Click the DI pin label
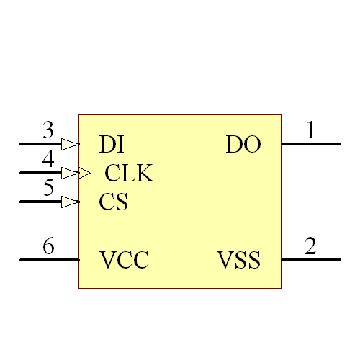click(112, 145)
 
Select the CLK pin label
click(129, 174)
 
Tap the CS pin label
click(113, 202)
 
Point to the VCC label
click(125, 260)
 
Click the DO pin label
click(243, 145)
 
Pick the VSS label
click(239, 260)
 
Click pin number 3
click(48, 131)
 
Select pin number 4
click(48, 159)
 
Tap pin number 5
click(48, 189)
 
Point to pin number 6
click(48, 246)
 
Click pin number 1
click(310, 131)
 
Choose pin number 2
click(310, 246)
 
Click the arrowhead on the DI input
click(70, 144)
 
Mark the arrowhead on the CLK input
click(81, 173)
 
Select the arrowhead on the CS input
click(70, 202)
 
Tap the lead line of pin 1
click(310, 144)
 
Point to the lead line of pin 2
click(310, 259)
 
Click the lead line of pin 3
click(40, 144)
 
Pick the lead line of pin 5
click(40, 202)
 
